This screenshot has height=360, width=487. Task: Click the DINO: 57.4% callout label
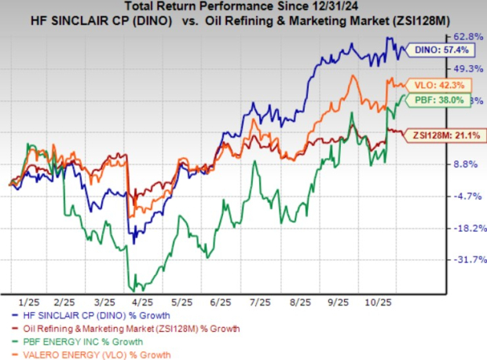(431, 50)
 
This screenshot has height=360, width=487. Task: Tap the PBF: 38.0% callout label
(431, 101)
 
